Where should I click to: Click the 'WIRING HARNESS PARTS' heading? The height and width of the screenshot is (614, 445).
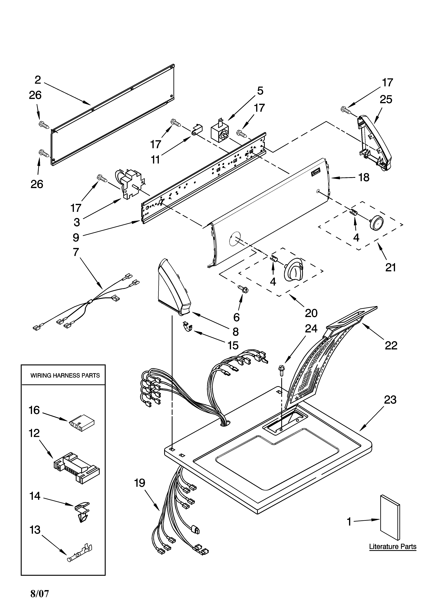pyautogui.click(x=65, y=375)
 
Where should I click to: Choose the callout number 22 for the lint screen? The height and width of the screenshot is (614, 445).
pyautogui.click(x=391, y=345)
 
